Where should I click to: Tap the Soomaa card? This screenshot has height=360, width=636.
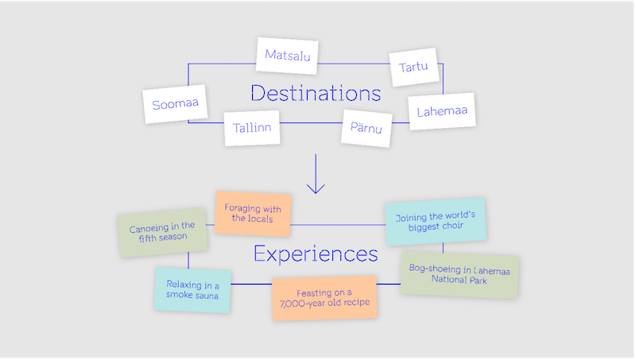175,104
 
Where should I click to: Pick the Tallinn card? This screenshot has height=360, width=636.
252,127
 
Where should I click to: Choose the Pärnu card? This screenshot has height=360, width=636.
367,127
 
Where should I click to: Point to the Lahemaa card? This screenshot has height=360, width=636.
441,111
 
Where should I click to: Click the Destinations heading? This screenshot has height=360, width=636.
316,93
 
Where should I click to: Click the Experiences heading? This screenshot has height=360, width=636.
316,254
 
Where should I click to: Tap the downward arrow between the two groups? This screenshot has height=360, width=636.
316,175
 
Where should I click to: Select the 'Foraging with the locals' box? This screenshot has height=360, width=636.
253,213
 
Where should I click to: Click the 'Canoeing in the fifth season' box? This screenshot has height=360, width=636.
161,232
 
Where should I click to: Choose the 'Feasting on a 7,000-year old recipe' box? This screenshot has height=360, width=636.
324,298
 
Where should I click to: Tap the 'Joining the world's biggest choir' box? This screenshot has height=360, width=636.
435,221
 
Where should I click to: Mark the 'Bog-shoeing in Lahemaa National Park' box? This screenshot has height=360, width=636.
459,275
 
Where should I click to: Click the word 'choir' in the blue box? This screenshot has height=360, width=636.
458,226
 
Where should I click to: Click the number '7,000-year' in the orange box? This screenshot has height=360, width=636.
302,304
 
